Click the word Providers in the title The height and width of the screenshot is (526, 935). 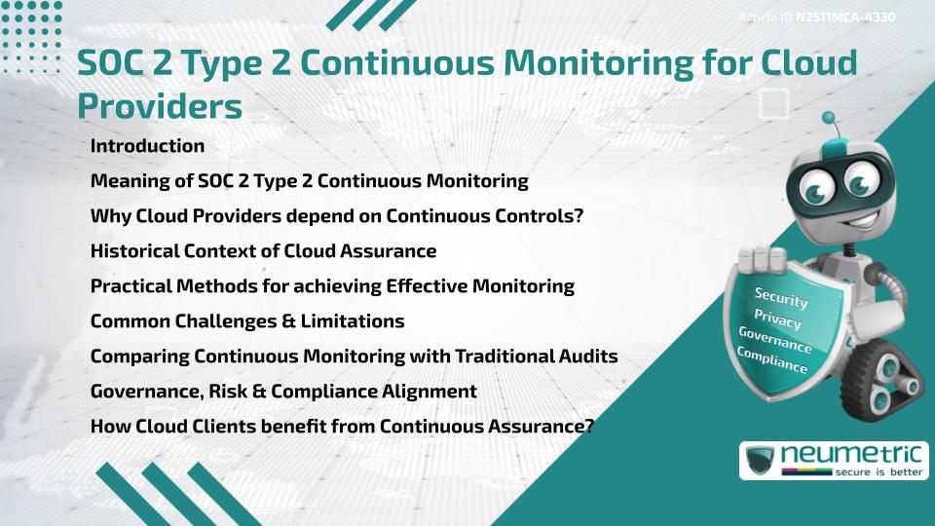(160, 105)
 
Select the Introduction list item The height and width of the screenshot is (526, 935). (147, 146)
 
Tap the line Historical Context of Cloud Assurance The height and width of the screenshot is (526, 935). (263, 251)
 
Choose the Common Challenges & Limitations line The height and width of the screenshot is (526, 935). (247, 321)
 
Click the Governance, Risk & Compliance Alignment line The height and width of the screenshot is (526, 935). (283, 392)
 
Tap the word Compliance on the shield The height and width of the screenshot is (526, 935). (772, 359)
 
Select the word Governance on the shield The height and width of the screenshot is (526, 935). (775, 339)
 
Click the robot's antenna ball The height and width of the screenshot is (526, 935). (829, 120)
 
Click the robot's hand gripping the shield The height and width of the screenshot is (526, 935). (762, 259)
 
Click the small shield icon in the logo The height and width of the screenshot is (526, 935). (758, 460)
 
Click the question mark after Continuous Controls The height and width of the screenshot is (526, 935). (577, 216)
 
